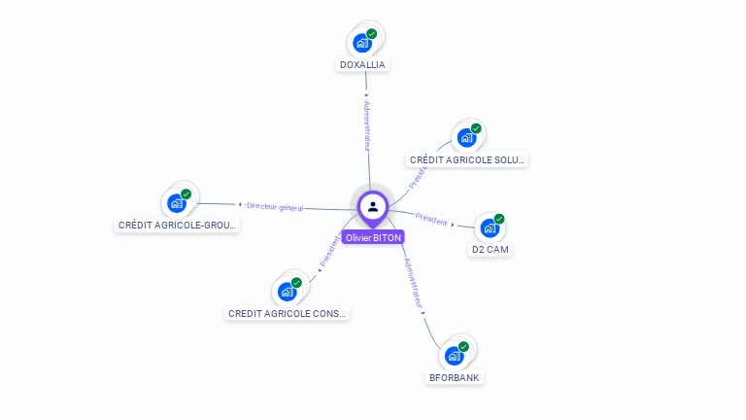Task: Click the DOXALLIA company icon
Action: (362, 43)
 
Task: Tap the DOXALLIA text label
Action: (362, 65)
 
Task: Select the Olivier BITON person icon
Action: (373, 206)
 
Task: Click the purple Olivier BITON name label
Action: (373, 237)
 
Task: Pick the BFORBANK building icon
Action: (455, 356)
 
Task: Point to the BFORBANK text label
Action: (455, 377)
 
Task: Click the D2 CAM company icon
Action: (491, 227)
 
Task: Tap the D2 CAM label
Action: (491, 250)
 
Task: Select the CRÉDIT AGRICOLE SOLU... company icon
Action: (467, 138)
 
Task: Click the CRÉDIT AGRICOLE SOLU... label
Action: (467, 160)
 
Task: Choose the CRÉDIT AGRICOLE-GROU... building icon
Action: (177, 202)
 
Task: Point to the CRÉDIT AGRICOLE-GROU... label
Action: (177, 225)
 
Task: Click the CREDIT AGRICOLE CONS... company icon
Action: (288, 291)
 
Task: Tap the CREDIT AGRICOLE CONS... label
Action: (288, 314)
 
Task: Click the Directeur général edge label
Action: (274, 206)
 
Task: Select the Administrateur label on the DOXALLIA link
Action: (366, 126)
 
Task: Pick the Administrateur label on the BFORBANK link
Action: (414, 283)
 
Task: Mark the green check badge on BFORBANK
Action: (463, 347)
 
